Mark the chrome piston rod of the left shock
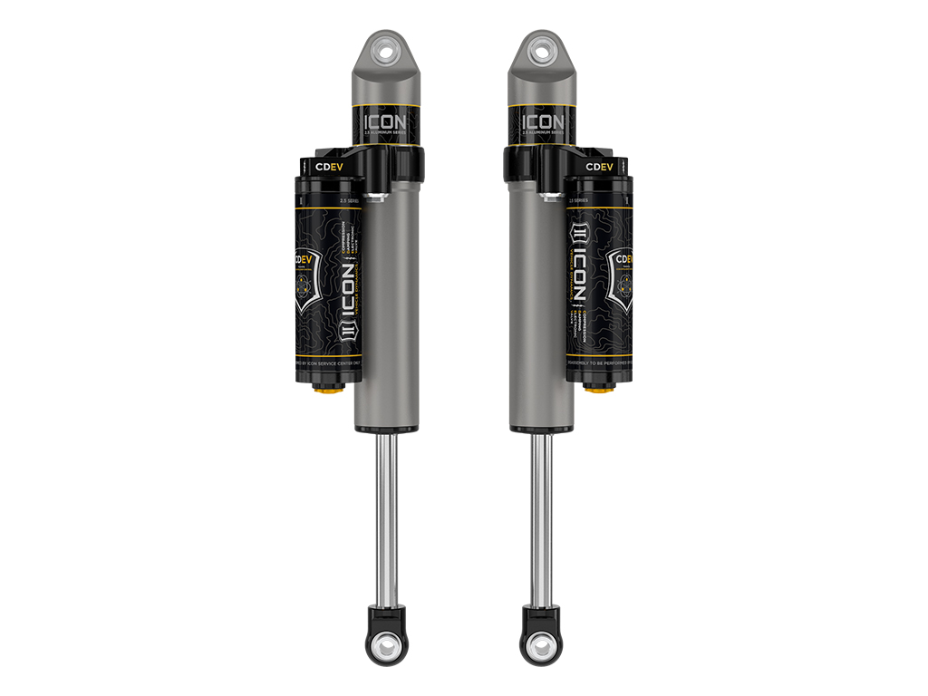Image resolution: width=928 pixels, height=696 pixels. click(387, 517)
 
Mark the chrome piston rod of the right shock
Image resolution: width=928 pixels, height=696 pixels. click(541, 517)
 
